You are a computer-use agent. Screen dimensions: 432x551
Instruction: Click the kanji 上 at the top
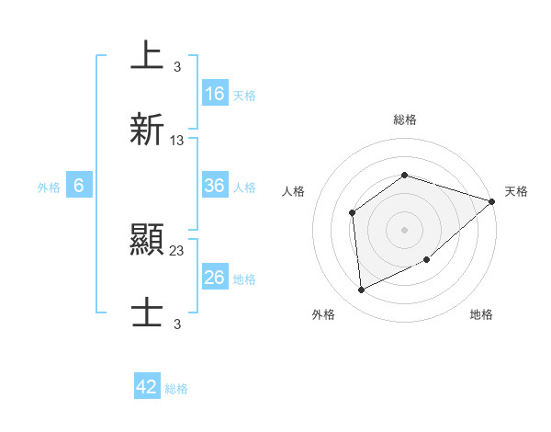tap(147, 55)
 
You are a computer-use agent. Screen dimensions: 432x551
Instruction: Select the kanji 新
tap(147, 130)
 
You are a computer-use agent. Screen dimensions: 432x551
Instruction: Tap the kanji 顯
tap(147, 241)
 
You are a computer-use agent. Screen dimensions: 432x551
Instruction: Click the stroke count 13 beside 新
tap(177, 141)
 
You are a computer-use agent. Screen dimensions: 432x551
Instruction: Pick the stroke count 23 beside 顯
tap(177, 251)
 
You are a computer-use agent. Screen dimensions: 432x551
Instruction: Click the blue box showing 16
tap(215, 93)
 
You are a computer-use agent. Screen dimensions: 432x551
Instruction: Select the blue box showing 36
tap(215, 186)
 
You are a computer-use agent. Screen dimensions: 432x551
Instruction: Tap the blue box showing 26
tap(215, 278)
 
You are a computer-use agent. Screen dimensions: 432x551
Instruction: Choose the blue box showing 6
tap(79, 186)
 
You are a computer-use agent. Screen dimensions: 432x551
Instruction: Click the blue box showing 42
tap(147, 387)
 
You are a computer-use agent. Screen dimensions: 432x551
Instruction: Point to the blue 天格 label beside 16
tap(244, 95)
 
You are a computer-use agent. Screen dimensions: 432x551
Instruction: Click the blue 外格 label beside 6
tap(49, 187)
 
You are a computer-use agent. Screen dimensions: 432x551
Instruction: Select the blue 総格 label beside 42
tap(176, 389)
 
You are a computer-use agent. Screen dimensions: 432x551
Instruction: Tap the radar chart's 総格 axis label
tap(405, 119)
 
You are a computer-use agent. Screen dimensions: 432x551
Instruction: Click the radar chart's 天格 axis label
tap(517, 191)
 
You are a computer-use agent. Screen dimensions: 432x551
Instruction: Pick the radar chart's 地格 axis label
tap(481, 315)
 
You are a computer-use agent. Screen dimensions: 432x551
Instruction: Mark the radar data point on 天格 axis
tap(492, 201)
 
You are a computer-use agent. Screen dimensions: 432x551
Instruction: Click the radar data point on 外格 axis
tap(362, 290)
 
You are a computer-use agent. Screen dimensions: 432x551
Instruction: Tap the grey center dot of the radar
tap(405, 229)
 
